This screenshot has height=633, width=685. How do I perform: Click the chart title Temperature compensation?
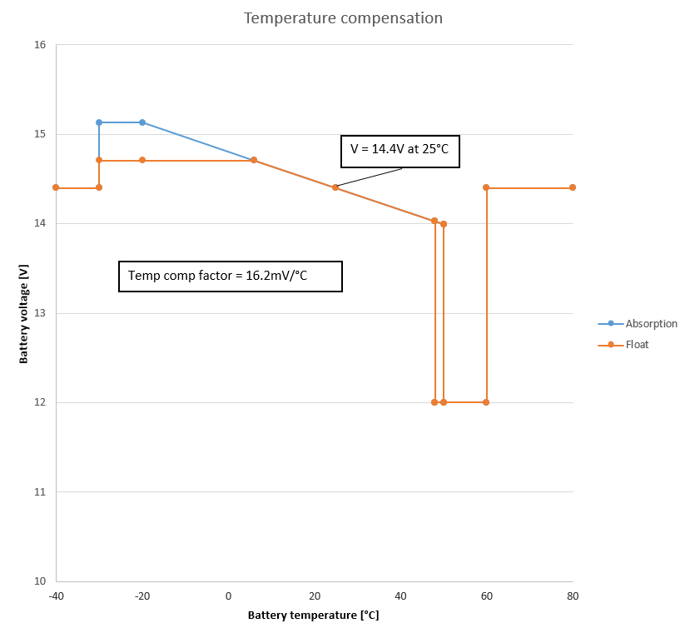(x=342, y=17)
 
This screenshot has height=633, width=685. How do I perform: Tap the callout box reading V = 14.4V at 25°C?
(x=400, y=152)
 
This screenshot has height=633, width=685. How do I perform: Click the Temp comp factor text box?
(x=230, y=276)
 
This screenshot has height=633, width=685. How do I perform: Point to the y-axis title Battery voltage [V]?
(x=24, y=313)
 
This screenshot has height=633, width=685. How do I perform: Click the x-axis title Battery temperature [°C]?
(x=313, y=616)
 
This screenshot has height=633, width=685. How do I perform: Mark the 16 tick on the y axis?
(x=39, y=45)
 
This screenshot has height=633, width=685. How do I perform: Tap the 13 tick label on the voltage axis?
(x=39, y=313)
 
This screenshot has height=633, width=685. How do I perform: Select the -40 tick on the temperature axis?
(x=56, y=596)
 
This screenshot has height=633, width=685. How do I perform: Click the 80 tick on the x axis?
(x=573, y=596)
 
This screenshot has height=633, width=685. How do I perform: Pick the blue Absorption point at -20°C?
(x=142, y=122)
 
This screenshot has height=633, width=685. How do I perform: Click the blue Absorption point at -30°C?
(x=99, y=122)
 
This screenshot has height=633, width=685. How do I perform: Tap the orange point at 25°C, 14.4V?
(x=335, y=187)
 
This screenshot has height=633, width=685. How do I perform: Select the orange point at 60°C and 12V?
(x=486, y=402)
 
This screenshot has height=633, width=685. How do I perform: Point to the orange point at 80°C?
(x=573, y=187)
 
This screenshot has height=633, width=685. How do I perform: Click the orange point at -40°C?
(x=56, y=187)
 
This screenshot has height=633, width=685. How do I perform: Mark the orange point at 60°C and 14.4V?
(x=486, y=187)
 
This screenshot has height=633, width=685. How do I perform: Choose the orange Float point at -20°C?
(x=142, y=160)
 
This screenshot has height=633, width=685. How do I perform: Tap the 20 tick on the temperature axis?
(x=315, y=596)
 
